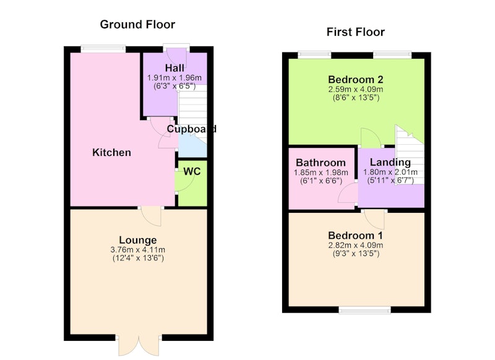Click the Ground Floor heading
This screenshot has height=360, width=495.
coord(137,25)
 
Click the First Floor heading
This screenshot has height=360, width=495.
coord(355,32)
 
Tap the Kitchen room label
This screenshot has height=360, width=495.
coord(111,152)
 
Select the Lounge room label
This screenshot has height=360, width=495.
coord(137,240)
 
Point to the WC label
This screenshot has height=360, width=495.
coord(192,171)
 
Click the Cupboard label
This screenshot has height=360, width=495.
coord(192,129)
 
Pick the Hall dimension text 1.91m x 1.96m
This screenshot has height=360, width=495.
coord(174,77)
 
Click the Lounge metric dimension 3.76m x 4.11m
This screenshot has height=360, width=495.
coord(137,249)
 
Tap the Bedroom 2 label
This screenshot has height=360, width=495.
coord(355,79)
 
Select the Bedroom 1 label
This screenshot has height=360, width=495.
coord(355,236)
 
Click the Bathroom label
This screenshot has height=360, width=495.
coord(321,163)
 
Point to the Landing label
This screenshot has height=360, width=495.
coord(390,162)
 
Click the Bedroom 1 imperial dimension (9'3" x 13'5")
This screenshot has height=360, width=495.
coord(356,254)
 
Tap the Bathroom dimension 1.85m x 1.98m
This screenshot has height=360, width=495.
coord(321,173)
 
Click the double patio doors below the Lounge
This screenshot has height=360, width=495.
coord(139,346)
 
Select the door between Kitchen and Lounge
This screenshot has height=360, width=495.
coord(152,216)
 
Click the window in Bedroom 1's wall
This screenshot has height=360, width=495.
coord(364,311)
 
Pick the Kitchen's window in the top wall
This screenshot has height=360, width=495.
coord(103,48)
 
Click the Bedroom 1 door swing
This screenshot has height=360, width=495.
coord(374,218)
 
